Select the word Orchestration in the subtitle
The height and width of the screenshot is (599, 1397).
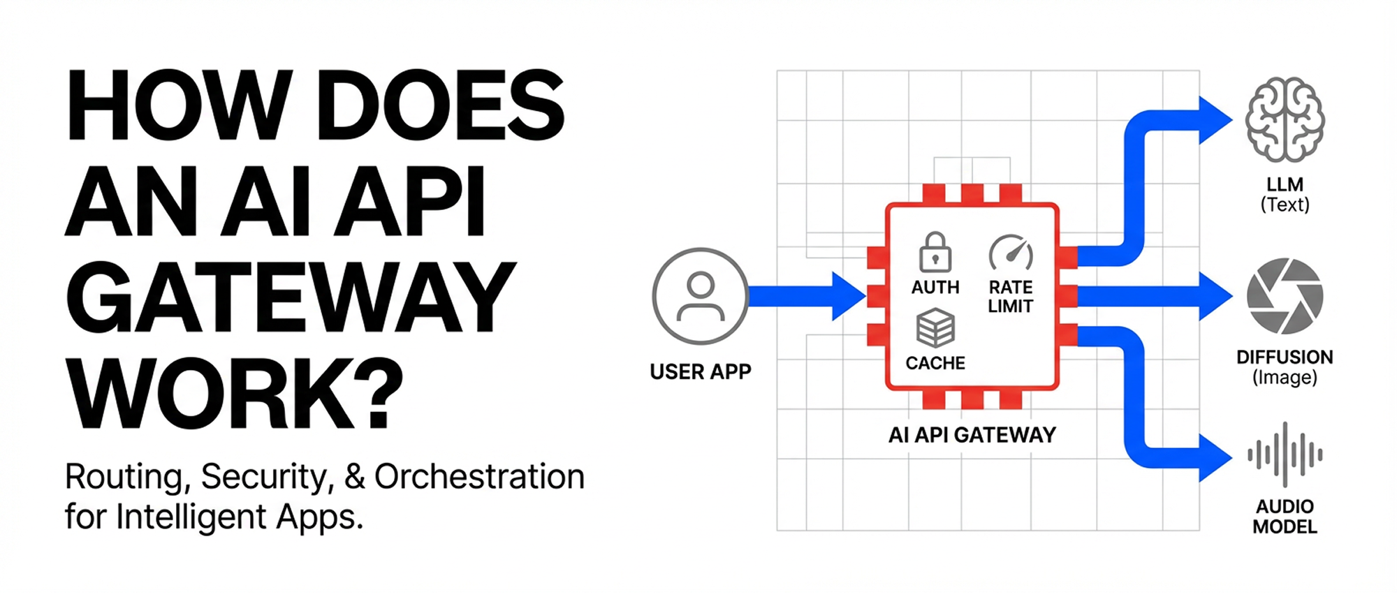(479, 477)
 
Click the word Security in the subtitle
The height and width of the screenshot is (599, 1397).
(264, 477)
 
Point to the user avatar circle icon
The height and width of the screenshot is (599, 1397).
(700, 296)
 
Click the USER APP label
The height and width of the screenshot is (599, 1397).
(700, 371)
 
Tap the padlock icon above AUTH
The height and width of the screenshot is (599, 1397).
(935, 252)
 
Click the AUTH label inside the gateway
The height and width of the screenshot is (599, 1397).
(935, 287)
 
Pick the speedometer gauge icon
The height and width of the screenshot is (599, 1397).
(1011, 253)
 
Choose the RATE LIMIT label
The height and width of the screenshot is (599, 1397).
(1011, 297)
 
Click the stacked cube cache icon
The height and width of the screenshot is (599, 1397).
(935, 328)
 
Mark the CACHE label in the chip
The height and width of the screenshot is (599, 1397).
(935, 363)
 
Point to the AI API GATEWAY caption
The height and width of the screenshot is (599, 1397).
(972, 435)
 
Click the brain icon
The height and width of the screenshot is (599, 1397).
(1285, 119)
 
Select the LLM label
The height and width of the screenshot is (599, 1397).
(1285, 184)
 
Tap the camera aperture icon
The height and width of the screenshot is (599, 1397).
(1285, 296)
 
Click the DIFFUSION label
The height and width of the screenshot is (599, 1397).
(1285, 357)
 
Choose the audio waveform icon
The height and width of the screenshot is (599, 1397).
(1285, 455)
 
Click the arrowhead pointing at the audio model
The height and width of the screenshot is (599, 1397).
(1214, 458)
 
